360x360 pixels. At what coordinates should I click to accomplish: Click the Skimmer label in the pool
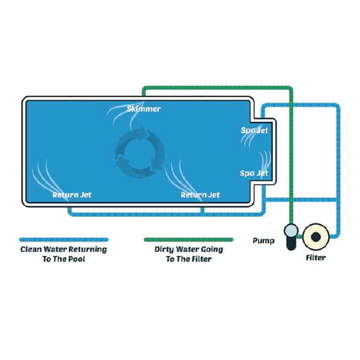pos(143,109)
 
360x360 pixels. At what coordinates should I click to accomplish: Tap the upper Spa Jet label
pos(254,130)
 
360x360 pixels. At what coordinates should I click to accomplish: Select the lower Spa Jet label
pos(254,173)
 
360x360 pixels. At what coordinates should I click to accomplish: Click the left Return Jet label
pos(72,195)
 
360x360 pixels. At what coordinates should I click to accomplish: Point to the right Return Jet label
pos(200,195)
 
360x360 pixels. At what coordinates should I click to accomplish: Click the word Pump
pos(263,241)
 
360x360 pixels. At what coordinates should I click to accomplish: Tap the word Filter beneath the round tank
pos(316,257)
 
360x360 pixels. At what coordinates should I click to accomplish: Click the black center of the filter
pos(316,237)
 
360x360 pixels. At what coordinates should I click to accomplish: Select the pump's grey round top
pos(291,231)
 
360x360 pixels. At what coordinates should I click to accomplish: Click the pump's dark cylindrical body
pos(292,244)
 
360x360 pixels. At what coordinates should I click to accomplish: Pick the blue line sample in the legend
pos(64,239)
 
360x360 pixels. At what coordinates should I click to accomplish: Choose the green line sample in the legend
pos(188,239)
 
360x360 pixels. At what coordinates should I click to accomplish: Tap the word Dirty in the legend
pos(163,250)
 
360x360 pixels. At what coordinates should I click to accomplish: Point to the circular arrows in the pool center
pos(140,152)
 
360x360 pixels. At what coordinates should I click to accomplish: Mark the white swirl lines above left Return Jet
pos(47,178)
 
